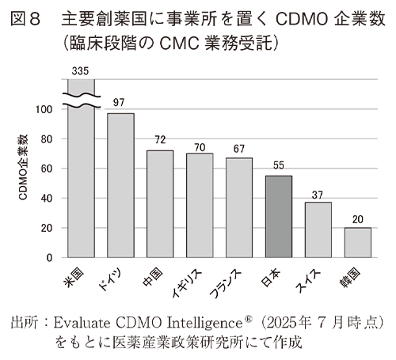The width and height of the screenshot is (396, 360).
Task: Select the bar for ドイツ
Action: (120, 185)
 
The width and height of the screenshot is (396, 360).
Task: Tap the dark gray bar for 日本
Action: (279, 216)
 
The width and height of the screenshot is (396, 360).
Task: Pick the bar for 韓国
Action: (358, 242)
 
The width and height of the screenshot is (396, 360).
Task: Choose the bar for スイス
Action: (318, 229)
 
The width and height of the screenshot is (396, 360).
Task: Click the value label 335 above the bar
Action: (80, 71)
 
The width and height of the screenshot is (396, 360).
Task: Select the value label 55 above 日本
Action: (279, 167)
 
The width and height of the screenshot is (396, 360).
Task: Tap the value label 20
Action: (358, 219)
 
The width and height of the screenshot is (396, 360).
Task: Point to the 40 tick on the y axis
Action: (48, 199)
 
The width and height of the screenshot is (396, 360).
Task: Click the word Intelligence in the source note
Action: (205, 323)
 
